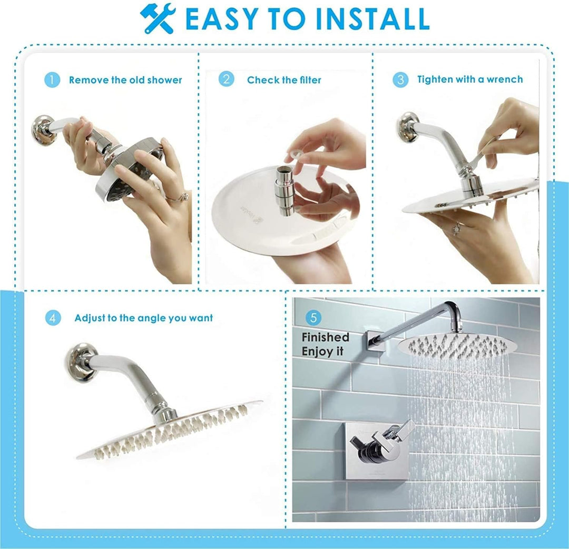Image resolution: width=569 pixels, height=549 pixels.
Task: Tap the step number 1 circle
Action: [52, 80]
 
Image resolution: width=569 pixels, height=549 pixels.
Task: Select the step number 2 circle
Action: [227, 79]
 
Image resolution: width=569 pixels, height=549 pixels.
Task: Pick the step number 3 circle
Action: [400, 79]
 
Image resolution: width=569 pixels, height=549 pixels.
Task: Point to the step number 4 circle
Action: [53, 318]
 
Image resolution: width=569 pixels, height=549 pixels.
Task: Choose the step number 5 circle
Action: [313, 318]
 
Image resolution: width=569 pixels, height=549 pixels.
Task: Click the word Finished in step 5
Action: [326, 337]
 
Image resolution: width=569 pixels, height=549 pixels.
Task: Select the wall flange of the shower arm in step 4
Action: [81, 362]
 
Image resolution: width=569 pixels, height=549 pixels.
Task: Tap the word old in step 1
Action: [137, 80]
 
